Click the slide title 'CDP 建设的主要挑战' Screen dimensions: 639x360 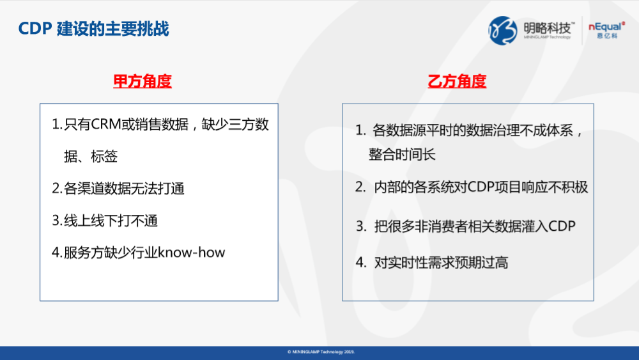tap(93, 29)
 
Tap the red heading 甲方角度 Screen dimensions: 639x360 tap(142, 81)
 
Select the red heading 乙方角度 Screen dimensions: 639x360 tap(457, 81)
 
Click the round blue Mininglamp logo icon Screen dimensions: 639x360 tap(502, 31)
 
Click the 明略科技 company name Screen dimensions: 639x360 tap(548, 28)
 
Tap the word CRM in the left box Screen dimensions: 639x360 tap(106, 124)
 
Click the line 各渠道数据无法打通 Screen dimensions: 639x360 tap(125, 189)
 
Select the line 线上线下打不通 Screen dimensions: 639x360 tap(111, 221)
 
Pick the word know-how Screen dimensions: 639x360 tap(191, 253)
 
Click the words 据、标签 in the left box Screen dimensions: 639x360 tap(91, 156)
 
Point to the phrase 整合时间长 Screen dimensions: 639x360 tap(402, 155)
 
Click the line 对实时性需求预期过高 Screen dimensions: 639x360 tap(442, 263)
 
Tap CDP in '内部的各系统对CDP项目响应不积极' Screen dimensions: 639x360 tap(481, 187)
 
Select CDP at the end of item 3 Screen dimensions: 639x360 tap(562, 226)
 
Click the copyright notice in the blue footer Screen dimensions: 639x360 tap(321, 352)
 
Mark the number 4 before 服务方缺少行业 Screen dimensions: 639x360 tap(56, 253)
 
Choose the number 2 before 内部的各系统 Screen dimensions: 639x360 tap(360, 187)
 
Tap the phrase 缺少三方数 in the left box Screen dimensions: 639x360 tap(235, 124)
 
